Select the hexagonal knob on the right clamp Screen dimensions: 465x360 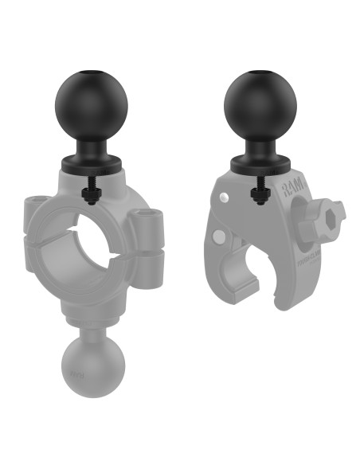click(x=324, y=221)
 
